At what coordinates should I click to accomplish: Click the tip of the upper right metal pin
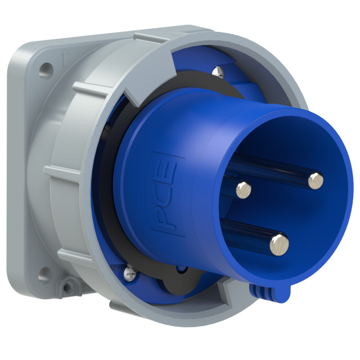[316, 181]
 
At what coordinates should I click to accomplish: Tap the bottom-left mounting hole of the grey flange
[44, 277]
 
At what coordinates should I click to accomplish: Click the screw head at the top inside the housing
[218, 71]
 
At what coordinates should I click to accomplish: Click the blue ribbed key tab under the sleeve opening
[269, 292]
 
